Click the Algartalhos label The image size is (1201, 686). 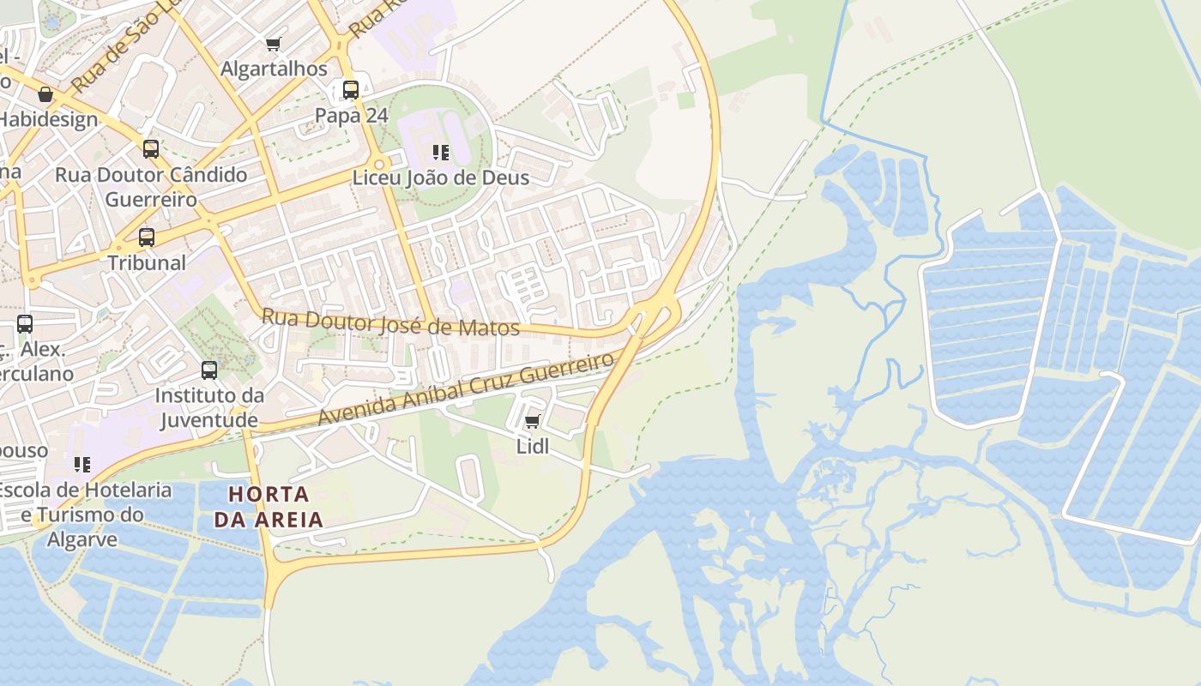point(274,69)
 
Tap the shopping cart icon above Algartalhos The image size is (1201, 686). point(274,44)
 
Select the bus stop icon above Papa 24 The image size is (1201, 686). point(350,90)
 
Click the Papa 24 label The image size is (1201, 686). point(352,116)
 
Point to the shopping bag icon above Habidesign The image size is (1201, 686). point(45,94)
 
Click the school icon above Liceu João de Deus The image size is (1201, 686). point(441,153)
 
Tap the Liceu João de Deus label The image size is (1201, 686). point(441,178)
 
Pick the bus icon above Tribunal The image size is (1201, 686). point(147,238)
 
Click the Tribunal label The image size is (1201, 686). point(147,262)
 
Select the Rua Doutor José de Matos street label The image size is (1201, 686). point(390,322)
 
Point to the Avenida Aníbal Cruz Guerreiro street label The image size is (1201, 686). point(468,388)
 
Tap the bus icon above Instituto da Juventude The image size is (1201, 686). point(209,370)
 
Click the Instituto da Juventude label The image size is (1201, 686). point(209,407)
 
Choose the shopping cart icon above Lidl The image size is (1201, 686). point(532,422)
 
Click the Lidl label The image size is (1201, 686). point(532,447)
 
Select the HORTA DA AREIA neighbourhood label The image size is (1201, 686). point(269,507)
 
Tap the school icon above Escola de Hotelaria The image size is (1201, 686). point(82,465)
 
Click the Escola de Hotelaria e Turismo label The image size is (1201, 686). point(84,502)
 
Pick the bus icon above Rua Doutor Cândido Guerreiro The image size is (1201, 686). point(151,149)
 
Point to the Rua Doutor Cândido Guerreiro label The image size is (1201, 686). point(151,187)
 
